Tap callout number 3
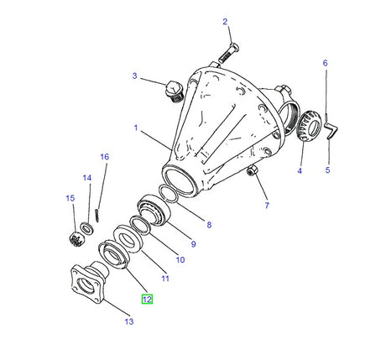point(133,76)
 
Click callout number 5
point(329,171)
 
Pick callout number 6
point(325,63)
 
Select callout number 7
point(266,206)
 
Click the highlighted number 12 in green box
point(147,299)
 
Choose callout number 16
point(105,157)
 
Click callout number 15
point(70,198)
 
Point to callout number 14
point(87,178)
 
